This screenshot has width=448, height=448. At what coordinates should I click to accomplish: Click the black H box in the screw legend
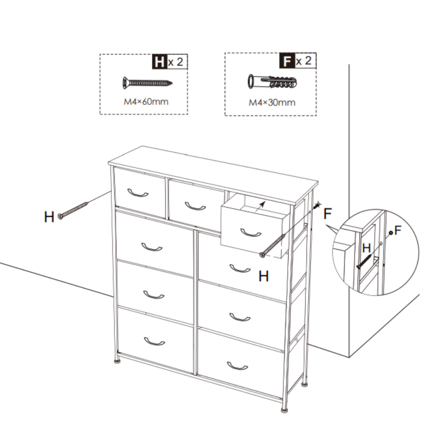[x=159, y=62]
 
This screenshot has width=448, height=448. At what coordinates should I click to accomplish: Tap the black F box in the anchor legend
[x=286, y=61]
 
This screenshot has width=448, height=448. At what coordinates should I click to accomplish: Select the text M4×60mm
[x=146, y=102]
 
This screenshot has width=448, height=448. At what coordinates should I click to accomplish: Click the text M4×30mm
[x=272, y=103]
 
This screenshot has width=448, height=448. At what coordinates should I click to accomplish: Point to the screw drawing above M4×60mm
[x=147, y=82]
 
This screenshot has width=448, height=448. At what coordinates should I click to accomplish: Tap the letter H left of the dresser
[x=49, y=217]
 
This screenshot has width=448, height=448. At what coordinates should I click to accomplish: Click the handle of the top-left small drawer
[x=138, y=193]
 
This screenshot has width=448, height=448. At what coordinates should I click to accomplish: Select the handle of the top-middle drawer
[x=195, y=206]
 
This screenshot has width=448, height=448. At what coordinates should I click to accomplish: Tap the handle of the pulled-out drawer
[x=251, y=233]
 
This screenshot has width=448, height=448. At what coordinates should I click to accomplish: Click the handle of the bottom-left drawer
[x=154, y=341]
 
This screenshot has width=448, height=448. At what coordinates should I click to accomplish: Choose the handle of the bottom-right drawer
[x=238, y=366]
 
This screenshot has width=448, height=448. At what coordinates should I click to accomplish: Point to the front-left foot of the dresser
[x=117, y=361]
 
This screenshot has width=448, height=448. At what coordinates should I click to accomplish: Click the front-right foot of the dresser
[x=285, y=410]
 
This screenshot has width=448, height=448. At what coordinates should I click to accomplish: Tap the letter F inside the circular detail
[x=398, y=231]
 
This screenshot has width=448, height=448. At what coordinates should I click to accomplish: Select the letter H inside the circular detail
[x=367, y=248]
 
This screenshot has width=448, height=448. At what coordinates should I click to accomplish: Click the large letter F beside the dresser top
[x=328, y=214]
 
